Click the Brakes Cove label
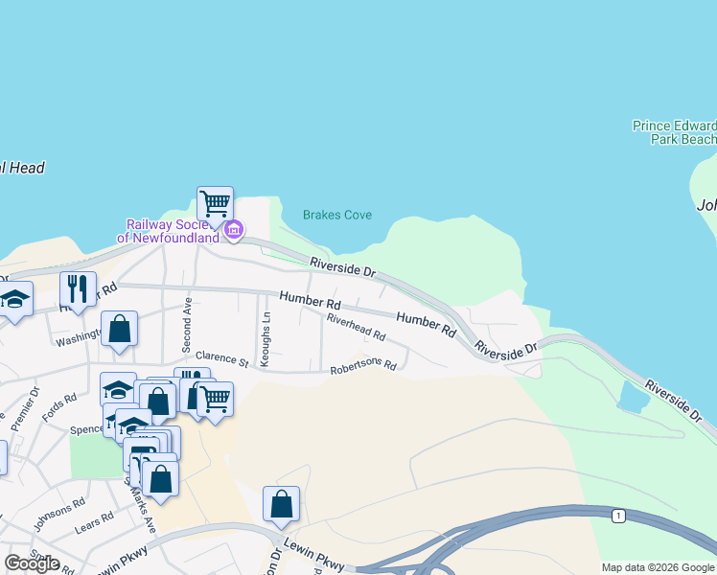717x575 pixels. (x=336, y=216)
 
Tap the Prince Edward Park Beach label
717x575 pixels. (x=674, y=132)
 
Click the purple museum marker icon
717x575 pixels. (x=234, y=230)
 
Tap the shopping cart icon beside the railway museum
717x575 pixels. (x=215, y=203)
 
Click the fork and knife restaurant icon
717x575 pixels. (x=78, y=287)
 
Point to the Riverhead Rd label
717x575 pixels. (x=356, y=329)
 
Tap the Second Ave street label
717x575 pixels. (x=188, y=323)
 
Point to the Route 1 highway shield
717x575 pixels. (x=618, y=517)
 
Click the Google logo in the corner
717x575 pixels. (x=32, y=563)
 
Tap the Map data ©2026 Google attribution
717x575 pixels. (x=658, y=567)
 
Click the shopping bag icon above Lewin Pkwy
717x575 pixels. (x=281, y=503)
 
